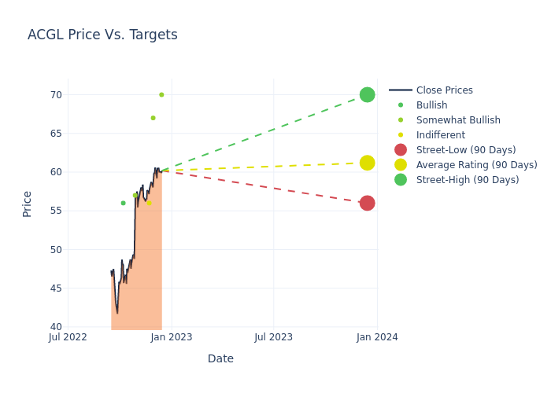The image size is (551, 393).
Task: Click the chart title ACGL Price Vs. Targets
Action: [x=102, y=35]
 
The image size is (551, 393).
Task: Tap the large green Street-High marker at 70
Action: [x=367, y=94]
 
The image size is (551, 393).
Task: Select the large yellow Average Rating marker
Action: [x=367, y=163]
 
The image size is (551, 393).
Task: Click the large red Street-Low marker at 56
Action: [x=367, y=203]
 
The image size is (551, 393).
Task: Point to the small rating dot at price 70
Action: [x=161, y=94]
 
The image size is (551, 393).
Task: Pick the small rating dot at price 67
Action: [x=153, y=118]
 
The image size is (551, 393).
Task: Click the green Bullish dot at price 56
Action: [x=123, y=203]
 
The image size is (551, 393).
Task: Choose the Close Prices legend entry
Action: [x=444, y=90]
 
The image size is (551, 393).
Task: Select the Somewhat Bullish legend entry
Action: [x=458, y=120]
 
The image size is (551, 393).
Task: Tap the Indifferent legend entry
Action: [x=440, y=135]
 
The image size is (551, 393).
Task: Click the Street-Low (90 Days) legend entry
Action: [x=466, y=150]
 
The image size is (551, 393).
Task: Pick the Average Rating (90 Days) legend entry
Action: [x=476, y=165]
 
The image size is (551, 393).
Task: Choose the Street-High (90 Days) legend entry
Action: [x=468, y=180]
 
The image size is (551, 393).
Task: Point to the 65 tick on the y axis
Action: [x=56, y=134]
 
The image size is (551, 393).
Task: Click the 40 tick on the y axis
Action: [x=56, y=327]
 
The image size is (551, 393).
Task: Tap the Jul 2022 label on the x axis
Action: [x=68, y=337]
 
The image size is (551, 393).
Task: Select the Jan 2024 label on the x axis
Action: [x=377, y=337]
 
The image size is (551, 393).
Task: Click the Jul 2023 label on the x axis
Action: [x=274, y=337]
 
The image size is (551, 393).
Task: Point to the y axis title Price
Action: [x=28, y=204]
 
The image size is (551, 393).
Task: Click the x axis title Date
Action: [x=220, y=358]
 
